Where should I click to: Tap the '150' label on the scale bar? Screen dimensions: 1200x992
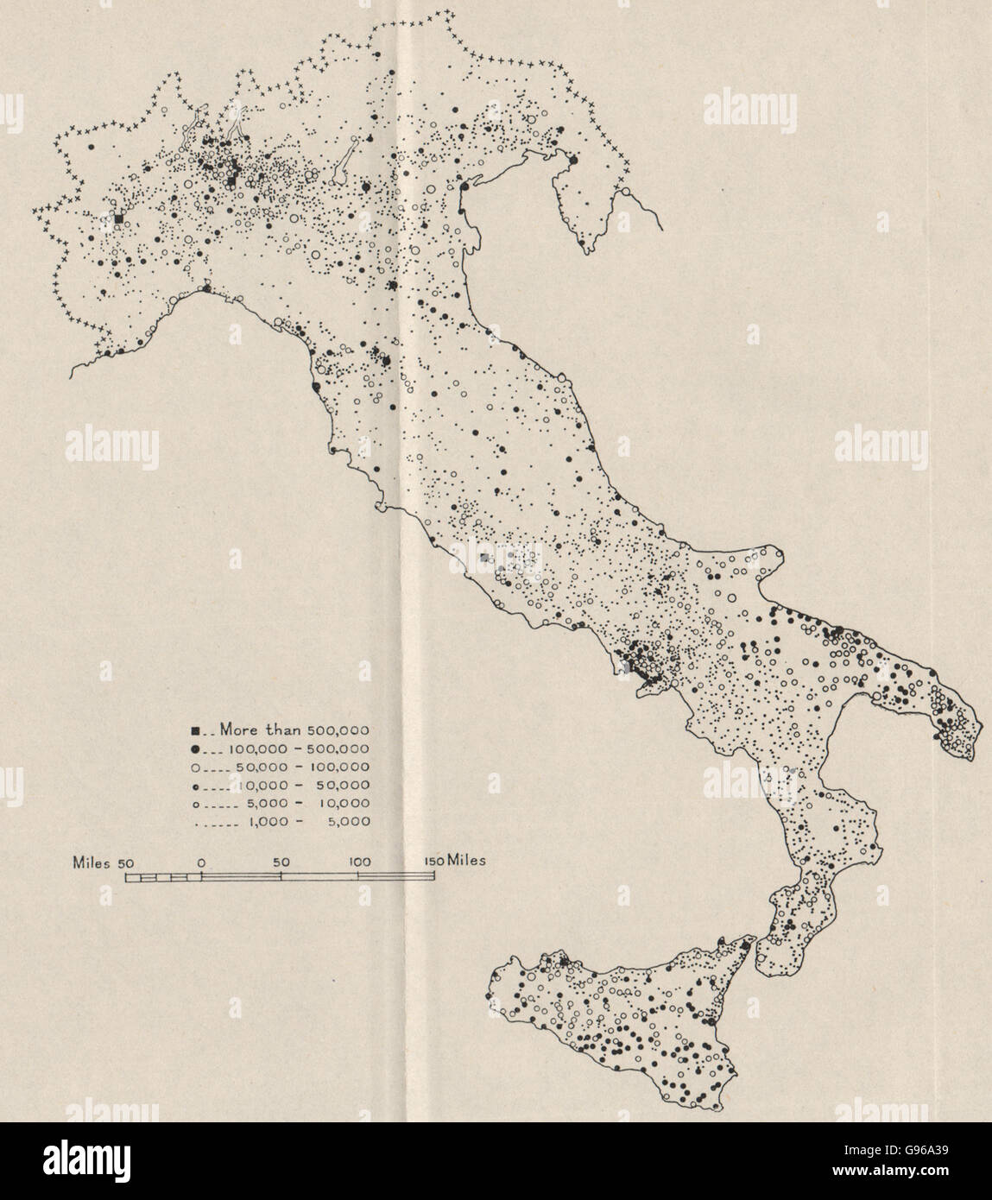[x=432, y=862]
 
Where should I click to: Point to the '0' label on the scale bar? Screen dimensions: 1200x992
[x=201, y=862]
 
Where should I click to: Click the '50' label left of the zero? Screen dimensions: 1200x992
[x=125, y=862]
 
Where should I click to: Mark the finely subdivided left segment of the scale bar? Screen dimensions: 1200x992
[x=163, y=878]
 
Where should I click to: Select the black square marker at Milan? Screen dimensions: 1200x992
[x=231, y=180]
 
